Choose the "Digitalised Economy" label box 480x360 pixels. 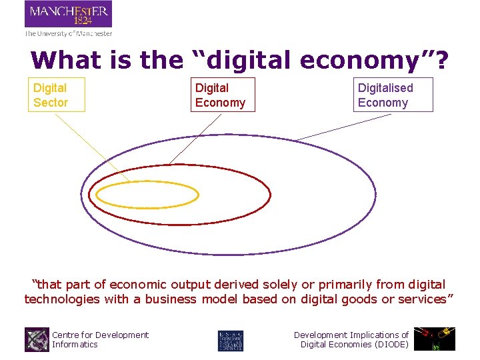pyautogui.click(x=393, y=95)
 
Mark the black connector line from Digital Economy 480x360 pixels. pyautogui.click(x=197, y=137)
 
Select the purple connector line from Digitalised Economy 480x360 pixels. pyautogui.click(x=343, y=127)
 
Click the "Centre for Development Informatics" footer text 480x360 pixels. pyautogui.click(x=100, y=339)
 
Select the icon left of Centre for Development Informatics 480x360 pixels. pyautogui.click(x=37, y=339)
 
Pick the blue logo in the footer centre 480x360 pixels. pyautogui.click(x=231, y=339)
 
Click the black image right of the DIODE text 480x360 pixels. pyautogui.click(x=434, y=339)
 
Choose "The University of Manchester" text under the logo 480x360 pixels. pyautogui.click(x=68, y=33)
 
